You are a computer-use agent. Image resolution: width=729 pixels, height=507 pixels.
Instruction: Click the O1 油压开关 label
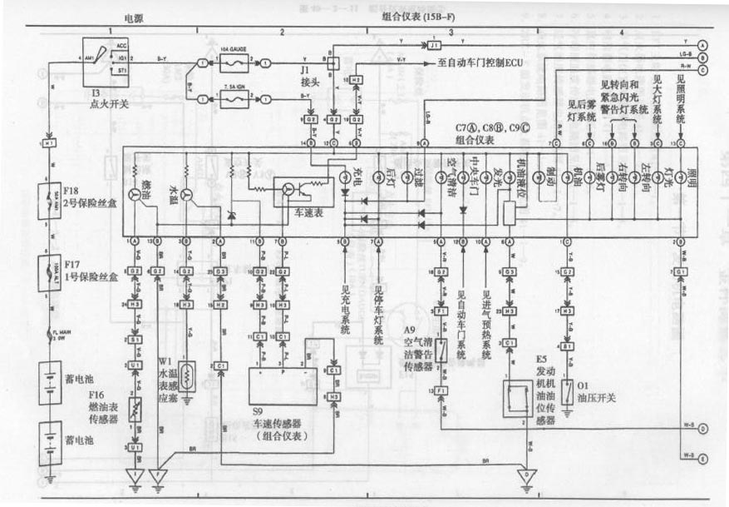[x=596, y=392]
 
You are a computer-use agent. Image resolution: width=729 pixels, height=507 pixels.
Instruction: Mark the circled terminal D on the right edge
[x=702, y=430]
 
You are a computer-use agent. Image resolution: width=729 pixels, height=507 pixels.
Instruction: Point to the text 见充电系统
[x=345, y=311]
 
